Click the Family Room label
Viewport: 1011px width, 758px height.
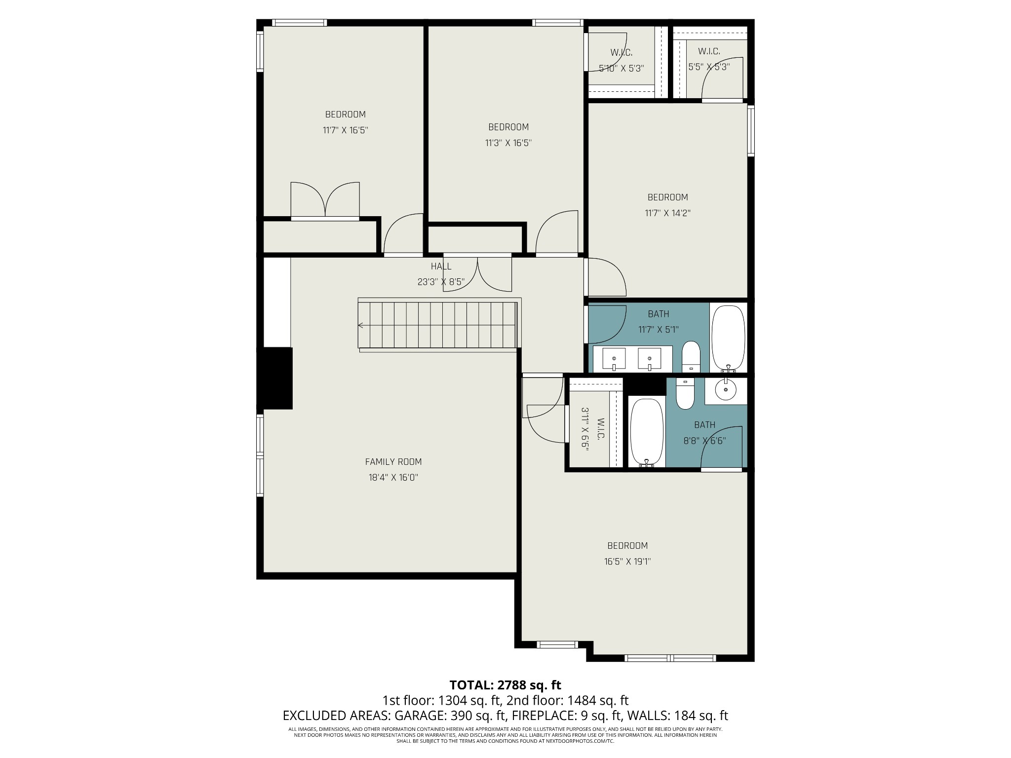click(x=393, y=462)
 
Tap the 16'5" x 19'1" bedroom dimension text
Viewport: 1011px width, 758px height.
click(x=627, y=562)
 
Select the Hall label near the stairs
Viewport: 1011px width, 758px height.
click(x=440, y=266)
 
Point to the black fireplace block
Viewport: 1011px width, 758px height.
click(x=275, y=379)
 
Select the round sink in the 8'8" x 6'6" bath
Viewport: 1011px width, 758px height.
click(x=726, y=389)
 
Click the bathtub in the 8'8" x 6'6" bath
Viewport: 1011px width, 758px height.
click(x=646, y=432)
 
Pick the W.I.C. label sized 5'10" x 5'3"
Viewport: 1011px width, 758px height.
click(x=621, y=52)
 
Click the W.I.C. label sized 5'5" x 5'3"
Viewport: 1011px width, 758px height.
click(x=709, y=51)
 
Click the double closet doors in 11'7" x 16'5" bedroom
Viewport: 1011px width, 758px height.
click(x=325, y=200)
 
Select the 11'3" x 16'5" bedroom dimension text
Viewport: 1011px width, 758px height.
click(x=508, y=143)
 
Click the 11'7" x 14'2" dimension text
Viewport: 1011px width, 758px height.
click(x=667, y=213)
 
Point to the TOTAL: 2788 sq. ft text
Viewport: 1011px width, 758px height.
click(x=505, y=685)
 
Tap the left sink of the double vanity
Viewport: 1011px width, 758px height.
click(x=614, y=358)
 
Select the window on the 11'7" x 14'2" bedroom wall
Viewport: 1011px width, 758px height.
click(x=751, y=131)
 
